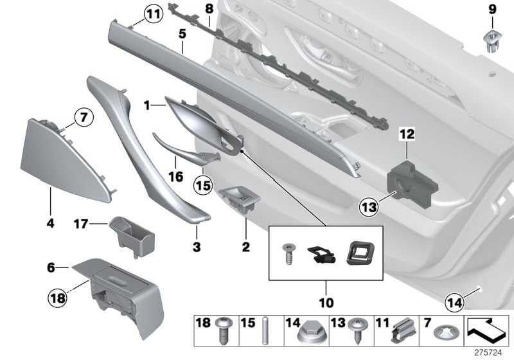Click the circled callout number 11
(154, 14)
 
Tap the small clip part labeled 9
(492, 40)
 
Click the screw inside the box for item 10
(288, 254)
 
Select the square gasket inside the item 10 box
(360, 253)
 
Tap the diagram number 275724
(488, 353)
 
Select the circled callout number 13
(368, 207)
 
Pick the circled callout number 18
(57, 298)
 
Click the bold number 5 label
(182, 34)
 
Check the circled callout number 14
(455, 302)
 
